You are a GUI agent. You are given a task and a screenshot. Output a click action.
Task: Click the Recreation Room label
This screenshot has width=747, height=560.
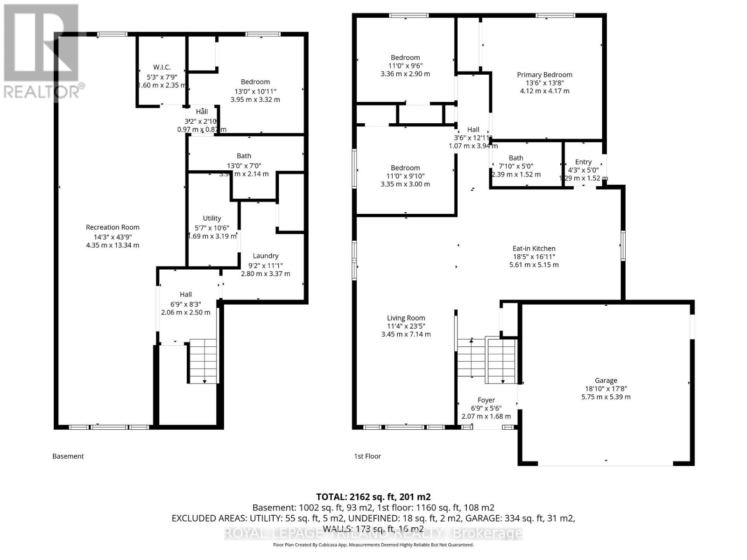[113, 227]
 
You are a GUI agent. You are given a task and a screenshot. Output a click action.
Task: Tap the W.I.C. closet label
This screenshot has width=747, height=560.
[162, 67]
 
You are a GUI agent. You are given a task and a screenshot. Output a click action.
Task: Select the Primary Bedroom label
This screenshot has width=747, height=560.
[544, 75]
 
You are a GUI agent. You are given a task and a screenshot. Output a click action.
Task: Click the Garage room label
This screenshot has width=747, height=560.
[606, 380]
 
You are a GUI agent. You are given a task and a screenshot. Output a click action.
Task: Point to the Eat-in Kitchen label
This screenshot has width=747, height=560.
[534, 249]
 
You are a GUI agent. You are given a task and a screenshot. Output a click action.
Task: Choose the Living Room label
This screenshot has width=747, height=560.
[406, 318]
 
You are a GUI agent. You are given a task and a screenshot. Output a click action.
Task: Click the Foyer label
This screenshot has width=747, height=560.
[486, 400]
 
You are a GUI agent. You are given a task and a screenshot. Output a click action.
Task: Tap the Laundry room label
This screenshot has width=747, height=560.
[265, 256]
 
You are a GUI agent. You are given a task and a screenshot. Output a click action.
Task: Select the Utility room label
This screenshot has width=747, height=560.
[211, 218]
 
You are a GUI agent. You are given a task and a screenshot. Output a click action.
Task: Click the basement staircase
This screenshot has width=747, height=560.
[204, 362]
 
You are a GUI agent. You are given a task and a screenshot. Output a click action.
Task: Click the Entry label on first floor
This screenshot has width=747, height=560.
[583, 162]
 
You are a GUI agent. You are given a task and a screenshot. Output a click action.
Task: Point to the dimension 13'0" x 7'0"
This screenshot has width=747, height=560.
[244, 165]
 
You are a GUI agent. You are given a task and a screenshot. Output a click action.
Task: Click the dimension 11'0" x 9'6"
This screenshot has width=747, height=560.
[405, 66]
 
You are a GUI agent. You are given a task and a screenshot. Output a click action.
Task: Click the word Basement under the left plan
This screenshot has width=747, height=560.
[68, 456]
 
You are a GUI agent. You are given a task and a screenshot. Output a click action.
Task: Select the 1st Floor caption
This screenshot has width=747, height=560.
[367, 456]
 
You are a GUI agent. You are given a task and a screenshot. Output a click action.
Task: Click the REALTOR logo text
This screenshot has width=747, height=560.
[42, 91]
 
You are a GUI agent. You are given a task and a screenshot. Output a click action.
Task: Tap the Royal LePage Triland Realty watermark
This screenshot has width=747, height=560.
[373, 533]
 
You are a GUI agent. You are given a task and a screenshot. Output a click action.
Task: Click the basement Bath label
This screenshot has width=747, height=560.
[244, 156]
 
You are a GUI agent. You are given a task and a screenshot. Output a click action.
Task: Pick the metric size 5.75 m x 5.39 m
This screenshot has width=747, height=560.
[606, 397]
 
